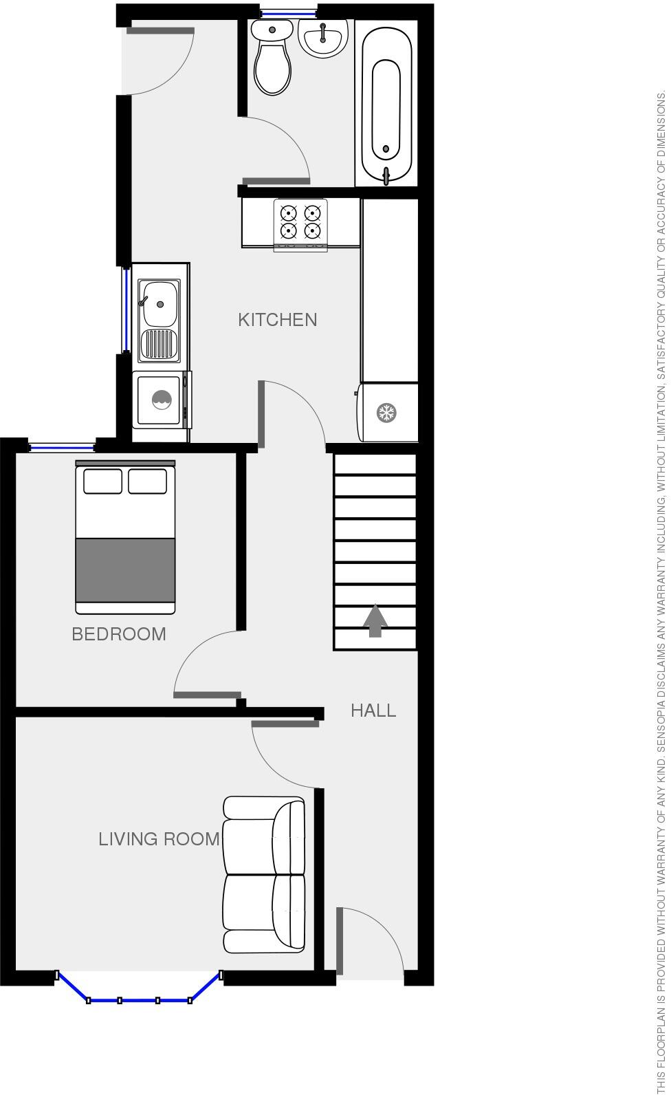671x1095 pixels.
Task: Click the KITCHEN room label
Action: click(277, 320)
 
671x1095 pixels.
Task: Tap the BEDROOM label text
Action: click(119, 634)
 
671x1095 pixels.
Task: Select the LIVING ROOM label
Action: click(159, 839)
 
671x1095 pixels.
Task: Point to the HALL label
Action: click(373, 711)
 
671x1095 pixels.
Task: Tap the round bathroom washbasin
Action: click(322, 38)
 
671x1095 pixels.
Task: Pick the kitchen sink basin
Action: click(159, 303)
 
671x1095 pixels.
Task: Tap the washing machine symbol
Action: click(162, 400)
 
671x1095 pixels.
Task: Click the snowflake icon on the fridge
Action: click(386, 413)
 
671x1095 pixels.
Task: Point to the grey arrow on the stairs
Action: click(375, 621)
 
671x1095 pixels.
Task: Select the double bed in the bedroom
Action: click(125, 537)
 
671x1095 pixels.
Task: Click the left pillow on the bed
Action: click(102, 481)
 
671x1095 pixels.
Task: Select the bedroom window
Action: click(62, 446)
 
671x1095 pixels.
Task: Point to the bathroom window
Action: click(288, 12)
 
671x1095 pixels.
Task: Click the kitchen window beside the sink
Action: click(126, 310)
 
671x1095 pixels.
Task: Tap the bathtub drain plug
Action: click(386, 149)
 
